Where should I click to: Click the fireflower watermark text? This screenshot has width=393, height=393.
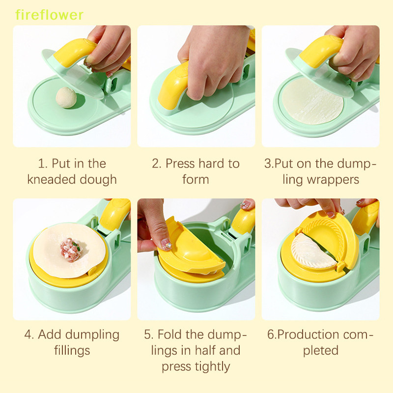click(49, 15)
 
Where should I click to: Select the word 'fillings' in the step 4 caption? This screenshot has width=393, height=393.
click(72, 350)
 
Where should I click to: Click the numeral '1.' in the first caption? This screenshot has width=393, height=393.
click(42, 164)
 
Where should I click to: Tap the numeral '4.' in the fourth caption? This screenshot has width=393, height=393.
click(29, 335)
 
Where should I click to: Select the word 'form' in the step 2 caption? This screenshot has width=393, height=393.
click(196, 179)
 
